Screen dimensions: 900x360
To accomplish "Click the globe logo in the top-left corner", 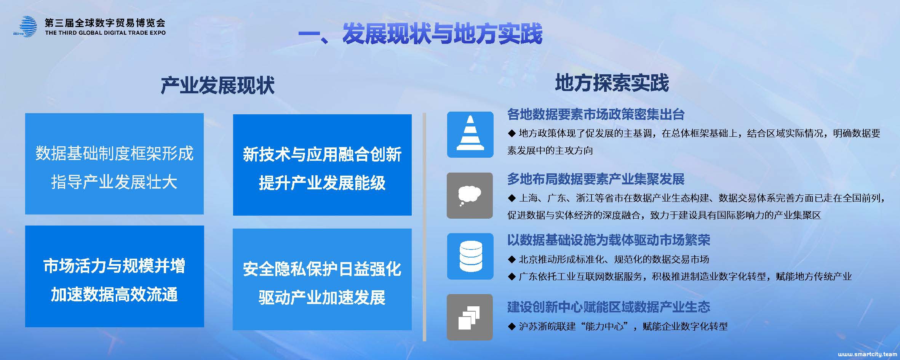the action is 26,26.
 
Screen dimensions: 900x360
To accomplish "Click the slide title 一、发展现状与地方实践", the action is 420,34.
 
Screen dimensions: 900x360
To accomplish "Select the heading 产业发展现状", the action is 217,85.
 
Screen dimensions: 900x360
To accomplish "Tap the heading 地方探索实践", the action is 612,83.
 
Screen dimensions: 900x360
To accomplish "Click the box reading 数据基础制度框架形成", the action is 114,164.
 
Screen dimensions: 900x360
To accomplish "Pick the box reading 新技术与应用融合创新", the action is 322,165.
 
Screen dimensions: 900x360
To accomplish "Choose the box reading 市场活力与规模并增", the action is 115,276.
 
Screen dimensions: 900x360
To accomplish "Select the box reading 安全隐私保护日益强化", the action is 322,279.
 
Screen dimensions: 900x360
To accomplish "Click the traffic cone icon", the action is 470,134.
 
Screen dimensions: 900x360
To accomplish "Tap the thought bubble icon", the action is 470,195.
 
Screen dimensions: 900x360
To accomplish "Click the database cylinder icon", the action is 470,256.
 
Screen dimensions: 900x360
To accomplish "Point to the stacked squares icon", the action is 470,317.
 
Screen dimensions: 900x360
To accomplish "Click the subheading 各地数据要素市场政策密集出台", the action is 596,114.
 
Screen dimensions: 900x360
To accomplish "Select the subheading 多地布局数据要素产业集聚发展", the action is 596,179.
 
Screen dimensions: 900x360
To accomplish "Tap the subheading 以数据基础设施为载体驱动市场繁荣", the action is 609,240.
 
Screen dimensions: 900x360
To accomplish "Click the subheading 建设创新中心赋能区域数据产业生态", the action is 609,307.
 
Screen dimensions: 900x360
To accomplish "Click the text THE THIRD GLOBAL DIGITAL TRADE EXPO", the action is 105,33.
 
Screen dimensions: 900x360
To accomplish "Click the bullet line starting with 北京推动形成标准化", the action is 608,259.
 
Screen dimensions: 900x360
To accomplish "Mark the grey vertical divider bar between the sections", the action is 424,227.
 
